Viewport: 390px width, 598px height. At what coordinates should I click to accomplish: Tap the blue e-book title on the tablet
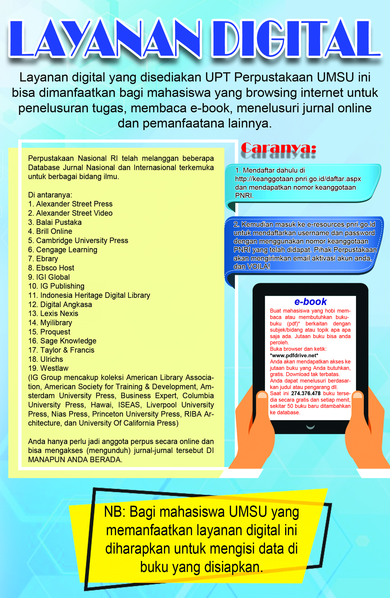[310, 302]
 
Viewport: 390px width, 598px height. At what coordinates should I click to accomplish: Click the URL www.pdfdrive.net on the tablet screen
[294, 355]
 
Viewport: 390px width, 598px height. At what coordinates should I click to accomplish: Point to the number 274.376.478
[306, 393]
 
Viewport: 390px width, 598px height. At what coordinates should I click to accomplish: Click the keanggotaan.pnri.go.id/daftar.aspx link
[298, 179]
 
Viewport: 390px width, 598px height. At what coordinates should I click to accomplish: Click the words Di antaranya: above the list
[50, 195]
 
